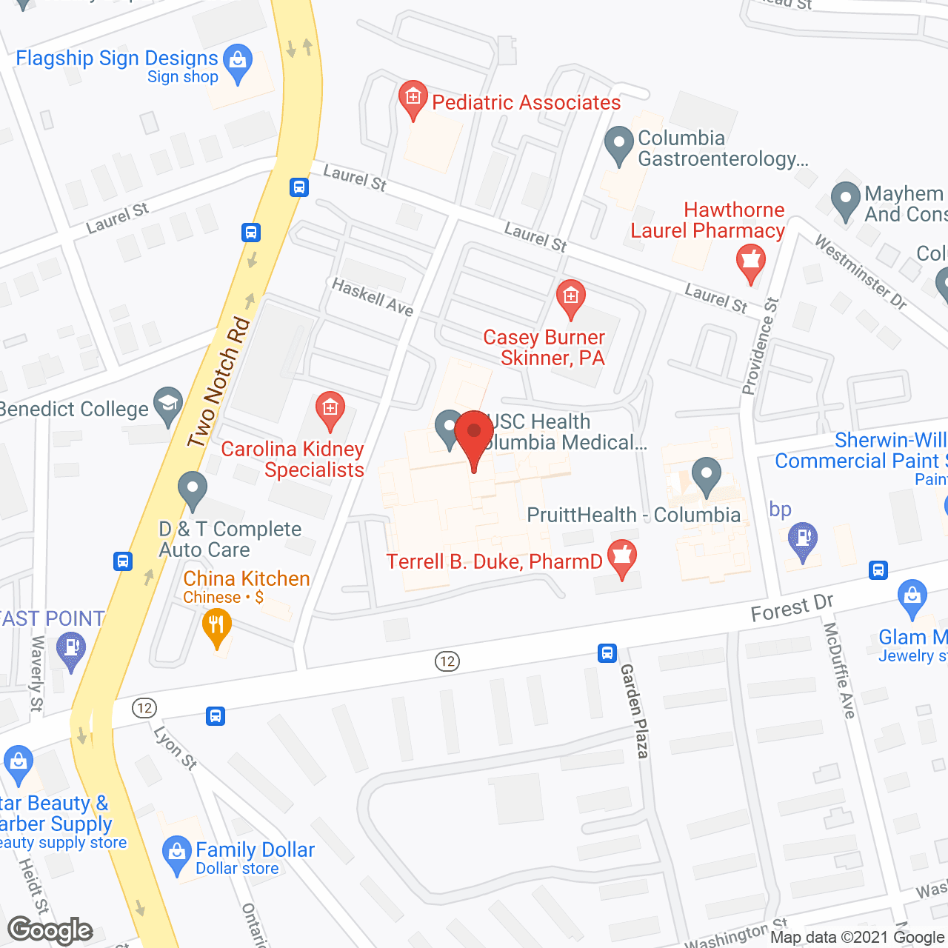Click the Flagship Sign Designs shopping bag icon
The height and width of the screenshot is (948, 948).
[238, 63]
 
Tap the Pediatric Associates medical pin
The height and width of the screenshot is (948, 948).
[413, 99]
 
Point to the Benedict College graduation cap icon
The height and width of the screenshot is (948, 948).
[168, 405]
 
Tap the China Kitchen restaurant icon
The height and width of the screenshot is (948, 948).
[216, 627]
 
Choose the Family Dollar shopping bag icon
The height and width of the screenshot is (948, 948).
[176, 855]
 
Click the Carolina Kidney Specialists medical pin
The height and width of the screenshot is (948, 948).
[330, 410]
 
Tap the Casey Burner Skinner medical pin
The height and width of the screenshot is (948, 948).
[570, 299]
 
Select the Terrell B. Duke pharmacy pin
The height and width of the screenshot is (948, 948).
[622, 558]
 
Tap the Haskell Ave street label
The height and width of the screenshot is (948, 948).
[373, 296]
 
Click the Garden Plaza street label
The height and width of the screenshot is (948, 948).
[635, 710]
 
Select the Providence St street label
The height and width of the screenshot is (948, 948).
[760, 346]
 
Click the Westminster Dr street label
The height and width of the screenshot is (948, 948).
[861, 272]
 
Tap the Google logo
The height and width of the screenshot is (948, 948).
[50, 930]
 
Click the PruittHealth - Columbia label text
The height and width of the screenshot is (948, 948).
[633, 515]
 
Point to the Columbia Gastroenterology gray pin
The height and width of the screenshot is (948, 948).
[618, 145]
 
